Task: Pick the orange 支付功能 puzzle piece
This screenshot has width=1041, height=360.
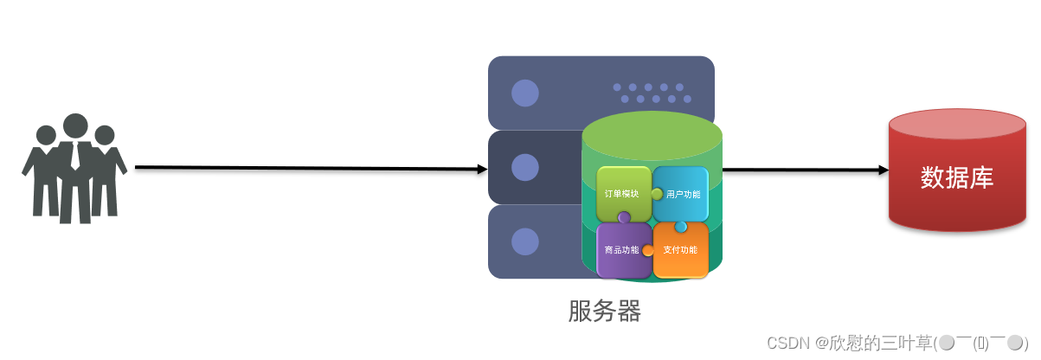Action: click(x=681, y=251)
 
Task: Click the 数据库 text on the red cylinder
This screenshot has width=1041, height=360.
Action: click(x=957, y=178)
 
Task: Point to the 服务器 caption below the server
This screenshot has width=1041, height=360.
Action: click(x=605, y=311)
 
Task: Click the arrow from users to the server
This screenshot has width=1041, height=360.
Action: click(x=303, y=168)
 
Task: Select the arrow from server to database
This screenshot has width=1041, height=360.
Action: click(x=800, y=170)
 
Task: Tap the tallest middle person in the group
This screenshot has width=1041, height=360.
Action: click(x=75, y=169)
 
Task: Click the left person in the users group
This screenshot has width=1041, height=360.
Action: click(x=43, y=173)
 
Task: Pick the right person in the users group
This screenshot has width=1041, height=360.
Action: click(x=106, y=173)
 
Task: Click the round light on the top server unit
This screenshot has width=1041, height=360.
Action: click(x=524, y=93)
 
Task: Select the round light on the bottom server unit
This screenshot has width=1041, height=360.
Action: click(x=524, y=241)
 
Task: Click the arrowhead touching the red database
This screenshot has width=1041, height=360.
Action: click(x=884, y=170)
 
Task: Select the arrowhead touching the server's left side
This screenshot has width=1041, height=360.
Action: click(x=483, y=169)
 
